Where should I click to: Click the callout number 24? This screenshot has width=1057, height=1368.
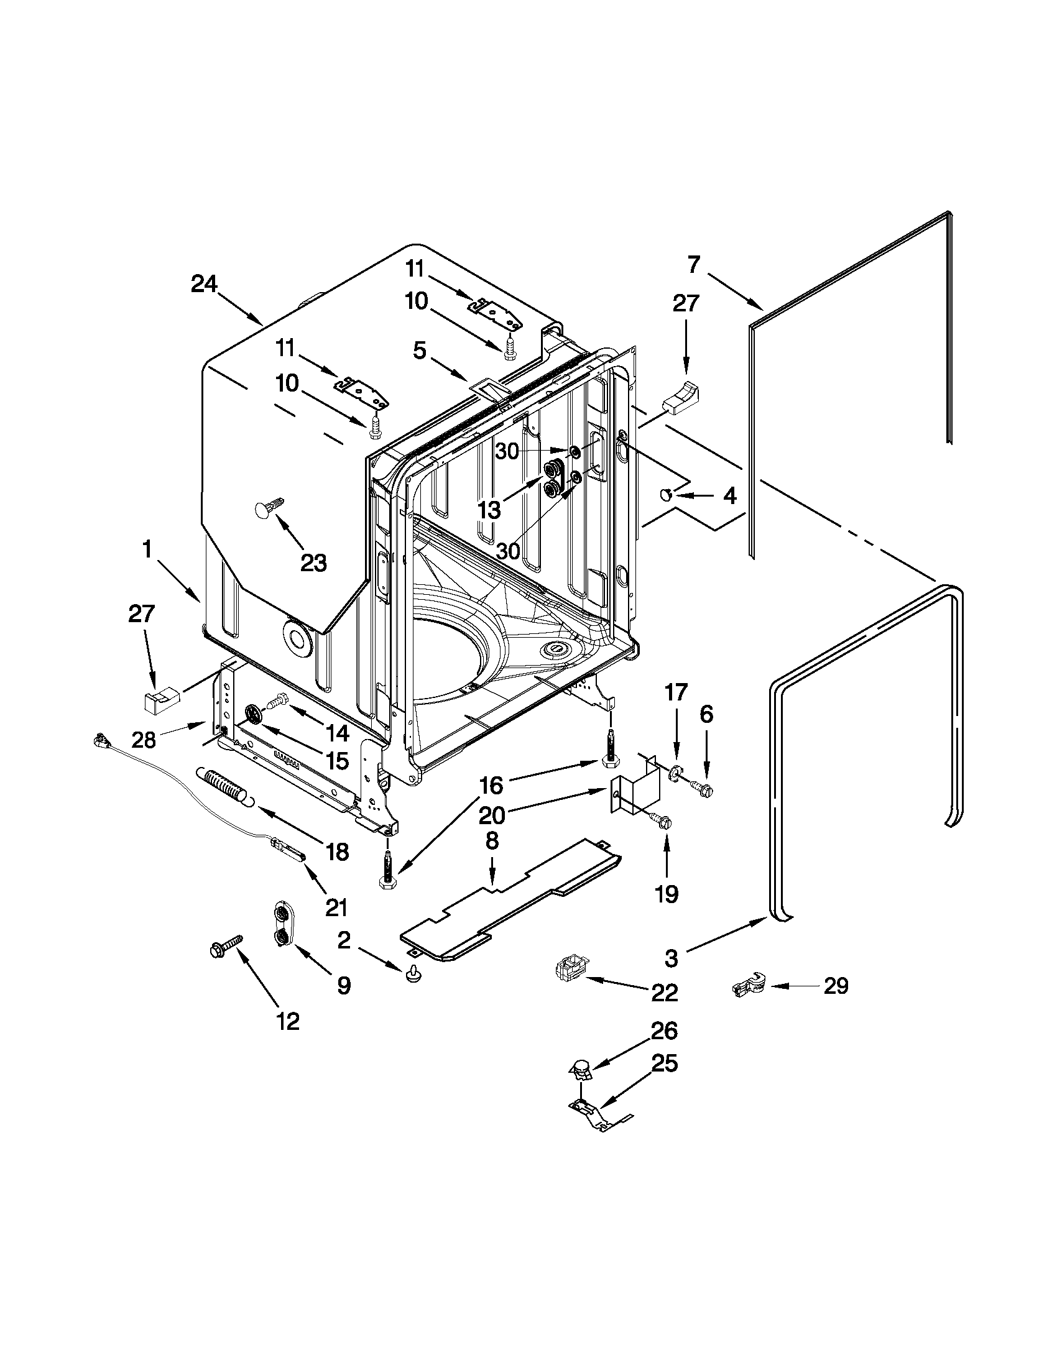pyautogui.click(x=205, y=285)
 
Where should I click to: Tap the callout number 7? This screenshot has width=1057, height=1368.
pyautogui.click(x=693, y=265)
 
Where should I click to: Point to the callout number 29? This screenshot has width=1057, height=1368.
pyautogui.click(x=835, y=986)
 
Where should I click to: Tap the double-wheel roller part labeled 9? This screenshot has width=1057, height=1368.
pyautogui.click(x=282, y=924)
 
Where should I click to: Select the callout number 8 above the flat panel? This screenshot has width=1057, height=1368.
pyautogui.click(x=492, y=841)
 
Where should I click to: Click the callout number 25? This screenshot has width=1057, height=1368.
pyautogui.click(x=665, y=1063)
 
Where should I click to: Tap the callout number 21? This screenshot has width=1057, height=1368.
pyautogui.click(x=338, y=906)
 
